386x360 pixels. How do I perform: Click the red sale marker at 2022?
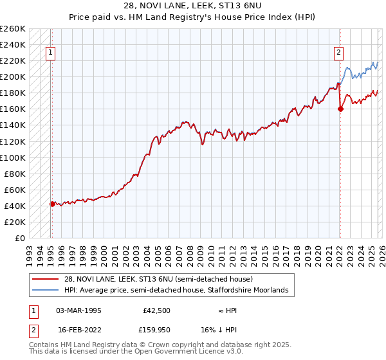[x=340, y=109]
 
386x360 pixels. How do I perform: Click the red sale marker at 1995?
[x=52, y=204]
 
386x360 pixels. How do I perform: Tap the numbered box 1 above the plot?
[x=50, y=54]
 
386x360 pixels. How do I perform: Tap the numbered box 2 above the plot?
[x=338, y=54]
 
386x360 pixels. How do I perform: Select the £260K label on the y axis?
[x=13, y=29]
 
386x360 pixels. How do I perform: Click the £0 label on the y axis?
[x=21, y=238]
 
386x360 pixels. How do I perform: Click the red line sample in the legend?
[x=45, y=279]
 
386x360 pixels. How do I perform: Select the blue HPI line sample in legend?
[x=45, y=291]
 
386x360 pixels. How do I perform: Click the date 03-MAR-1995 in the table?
[x=78, y=309]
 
